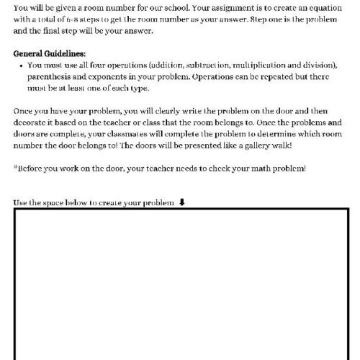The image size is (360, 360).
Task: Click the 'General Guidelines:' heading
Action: pos(49,53)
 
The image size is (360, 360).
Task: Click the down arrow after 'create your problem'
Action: pos(181,202)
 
